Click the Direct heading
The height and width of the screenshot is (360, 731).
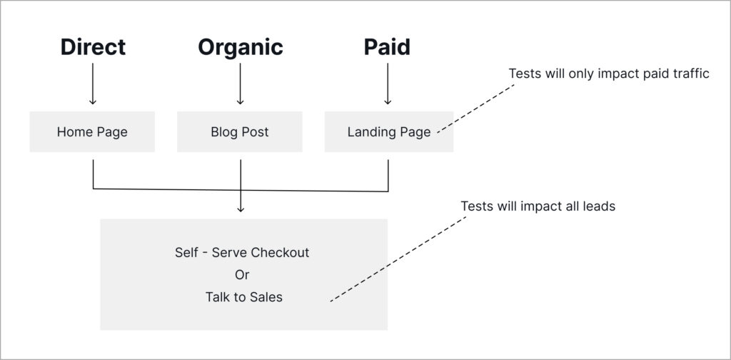[x=94, y=47]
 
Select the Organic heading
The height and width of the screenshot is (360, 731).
[x=241, y=48]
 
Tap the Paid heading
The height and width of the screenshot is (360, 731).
[x=387, y=47]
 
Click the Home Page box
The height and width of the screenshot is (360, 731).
[x=92, y=131]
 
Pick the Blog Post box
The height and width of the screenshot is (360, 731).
[x=240, y=131]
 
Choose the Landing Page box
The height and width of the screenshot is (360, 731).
[x=389, y=131]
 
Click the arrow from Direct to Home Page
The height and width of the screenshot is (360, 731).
[x=93, y=84]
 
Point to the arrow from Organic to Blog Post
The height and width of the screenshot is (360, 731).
[x=240, y=84]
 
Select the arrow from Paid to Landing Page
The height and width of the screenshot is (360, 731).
[x=388, y=84]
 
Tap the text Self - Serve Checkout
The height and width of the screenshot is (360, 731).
[x=242, y=253]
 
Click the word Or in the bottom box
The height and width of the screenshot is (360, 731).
[x=242, y=275]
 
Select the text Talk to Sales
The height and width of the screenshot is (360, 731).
[x=244, y=297]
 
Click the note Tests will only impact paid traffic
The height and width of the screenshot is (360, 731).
[x=609, y=74]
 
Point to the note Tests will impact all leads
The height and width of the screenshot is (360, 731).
[x=538, y=206]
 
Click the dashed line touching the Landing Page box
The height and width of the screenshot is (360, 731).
[x=476, y=109]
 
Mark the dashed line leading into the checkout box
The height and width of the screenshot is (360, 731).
[x=398, y=259]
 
